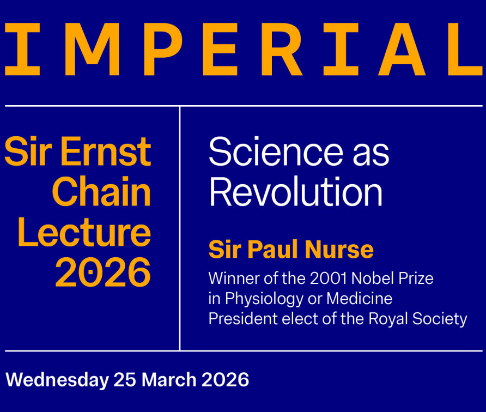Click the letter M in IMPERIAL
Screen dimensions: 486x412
pos(92,49)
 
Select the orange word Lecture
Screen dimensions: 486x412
pos(84,232)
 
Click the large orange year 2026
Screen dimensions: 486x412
pos(103,272)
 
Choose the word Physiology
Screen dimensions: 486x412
pos(264,299)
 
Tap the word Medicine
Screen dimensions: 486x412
pos(360,298)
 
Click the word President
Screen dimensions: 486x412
pos(243,318)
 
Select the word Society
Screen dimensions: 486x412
pos(440,319)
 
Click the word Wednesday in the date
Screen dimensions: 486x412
pos(57,380)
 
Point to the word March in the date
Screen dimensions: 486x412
pos(169,379)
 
